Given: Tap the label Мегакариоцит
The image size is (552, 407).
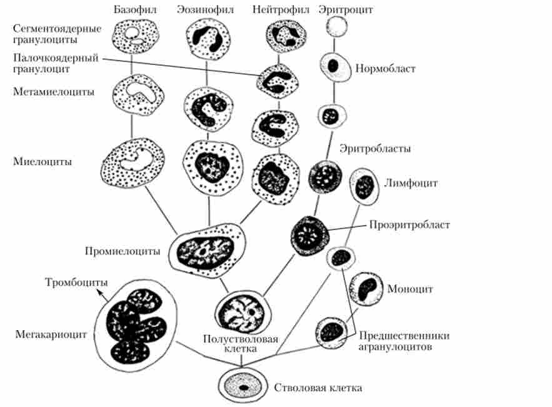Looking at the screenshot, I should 51,334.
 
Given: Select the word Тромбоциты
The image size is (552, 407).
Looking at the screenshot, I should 74,281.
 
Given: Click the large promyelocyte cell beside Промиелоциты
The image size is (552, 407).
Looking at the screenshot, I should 209,249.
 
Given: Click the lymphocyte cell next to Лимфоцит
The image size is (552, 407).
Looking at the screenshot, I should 364,186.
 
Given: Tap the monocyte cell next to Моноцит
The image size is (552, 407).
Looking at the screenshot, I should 366,288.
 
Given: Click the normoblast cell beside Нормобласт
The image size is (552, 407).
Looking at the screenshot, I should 333,65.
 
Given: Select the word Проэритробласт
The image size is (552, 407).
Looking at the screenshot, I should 409,224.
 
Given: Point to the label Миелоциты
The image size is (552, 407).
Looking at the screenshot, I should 42,161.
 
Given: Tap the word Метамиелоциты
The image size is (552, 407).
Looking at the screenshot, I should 54,92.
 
